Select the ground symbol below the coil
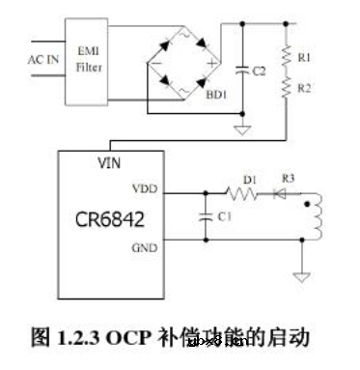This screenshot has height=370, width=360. pyautogui.click(x=304, y=276)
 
